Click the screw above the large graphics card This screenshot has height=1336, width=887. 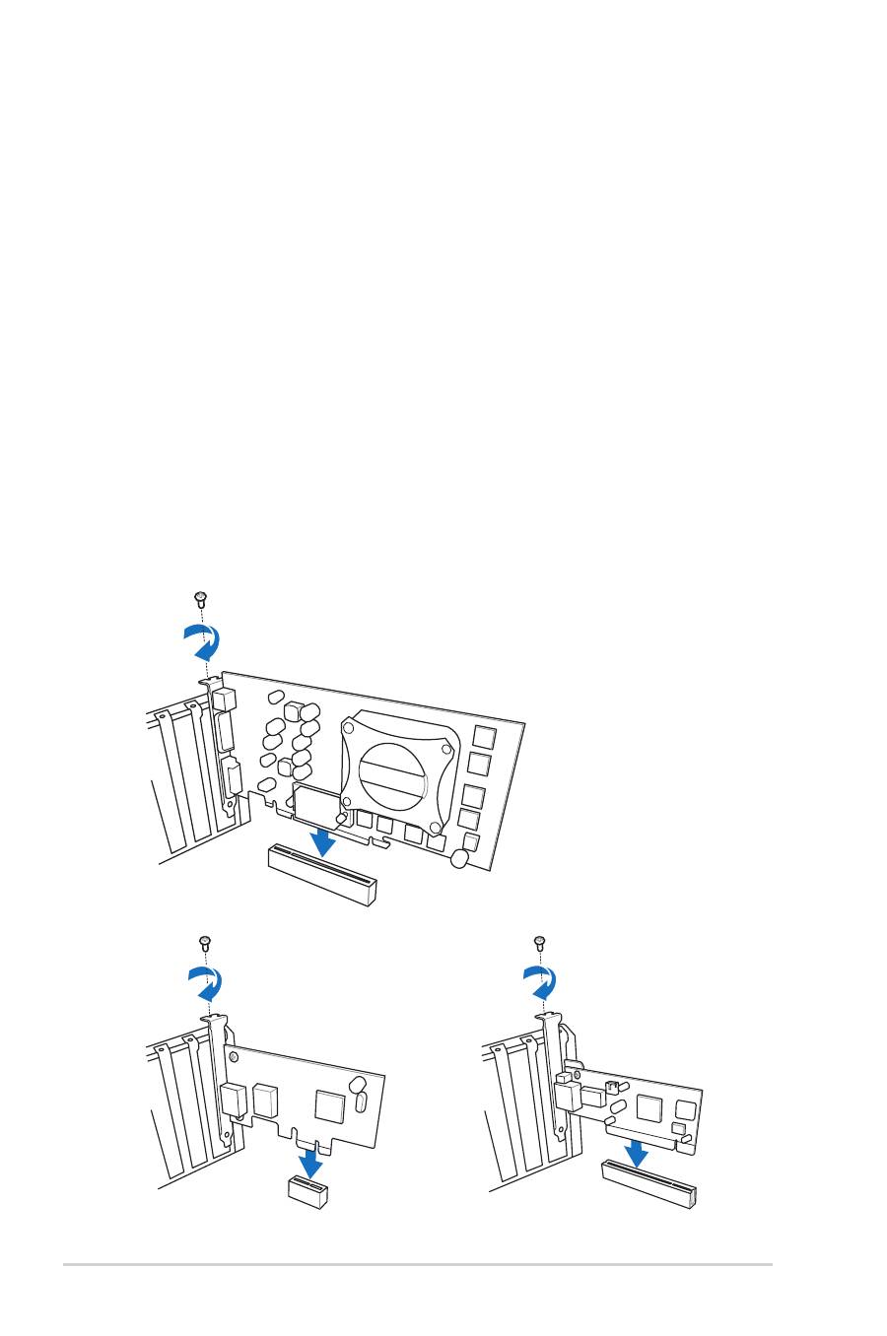pos(200,597)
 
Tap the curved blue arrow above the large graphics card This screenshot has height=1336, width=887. pos(203,640)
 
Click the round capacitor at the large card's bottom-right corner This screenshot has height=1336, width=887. pos(458,859)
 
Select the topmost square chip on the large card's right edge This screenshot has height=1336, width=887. pos(484,736)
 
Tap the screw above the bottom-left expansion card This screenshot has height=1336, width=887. pos(206,942)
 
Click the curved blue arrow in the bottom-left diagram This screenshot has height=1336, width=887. pos(206,982)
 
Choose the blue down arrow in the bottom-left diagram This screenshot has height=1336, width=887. pos(311,1163)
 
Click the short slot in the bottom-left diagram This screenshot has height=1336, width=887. pos(307,1189)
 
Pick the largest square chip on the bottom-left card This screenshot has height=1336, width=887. pos(328,1105)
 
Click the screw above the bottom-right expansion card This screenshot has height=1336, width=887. pos(539,942)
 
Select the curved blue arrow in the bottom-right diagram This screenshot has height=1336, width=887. pos(539,982)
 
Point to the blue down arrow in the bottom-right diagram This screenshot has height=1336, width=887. pos(636,1147)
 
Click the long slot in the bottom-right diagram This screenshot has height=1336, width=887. pos(649,1183)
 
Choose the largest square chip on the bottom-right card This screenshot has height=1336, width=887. pos(648,1107)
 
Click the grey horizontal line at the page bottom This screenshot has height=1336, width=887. pos(418,1265)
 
